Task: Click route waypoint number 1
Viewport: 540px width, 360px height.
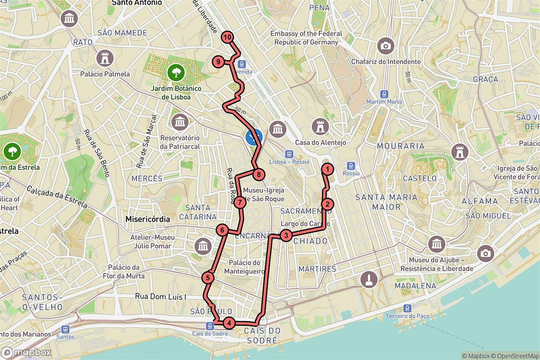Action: point(327,169)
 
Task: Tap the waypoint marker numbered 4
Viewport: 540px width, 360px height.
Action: point(229,323)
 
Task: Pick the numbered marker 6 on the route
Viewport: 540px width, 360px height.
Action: point(222,230)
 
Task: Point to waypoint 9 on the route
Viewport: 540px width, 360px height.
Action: point(218,62)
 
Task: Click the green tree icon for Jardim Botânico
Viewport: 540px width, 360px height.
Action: point(175,71)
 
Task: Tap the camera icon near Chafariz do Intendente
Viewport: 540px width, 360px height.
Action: point(386,45)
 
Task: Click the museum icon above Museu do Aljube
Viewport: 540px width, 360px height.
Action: point(437,244)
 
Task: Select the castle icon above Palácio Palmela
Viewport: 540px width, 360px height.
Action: point(105,58)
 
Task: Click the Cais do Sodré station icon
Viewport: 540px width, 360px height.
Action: point(210,325)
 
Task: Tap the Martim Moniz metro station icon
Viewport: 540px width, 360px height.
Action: point(383,94)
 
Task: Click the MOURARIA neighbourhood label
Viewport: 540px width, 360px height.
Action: point(400,146)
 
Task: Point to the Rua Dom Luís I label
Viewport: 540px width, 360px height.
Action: point(161,297)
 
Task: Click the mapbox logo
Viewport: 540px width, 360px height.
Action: point(26,352)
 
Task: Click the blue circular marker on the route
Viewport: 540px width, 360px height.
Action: point(254,136)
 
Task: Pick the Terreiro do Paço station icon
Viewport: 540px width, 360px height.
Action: point(407,308)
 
